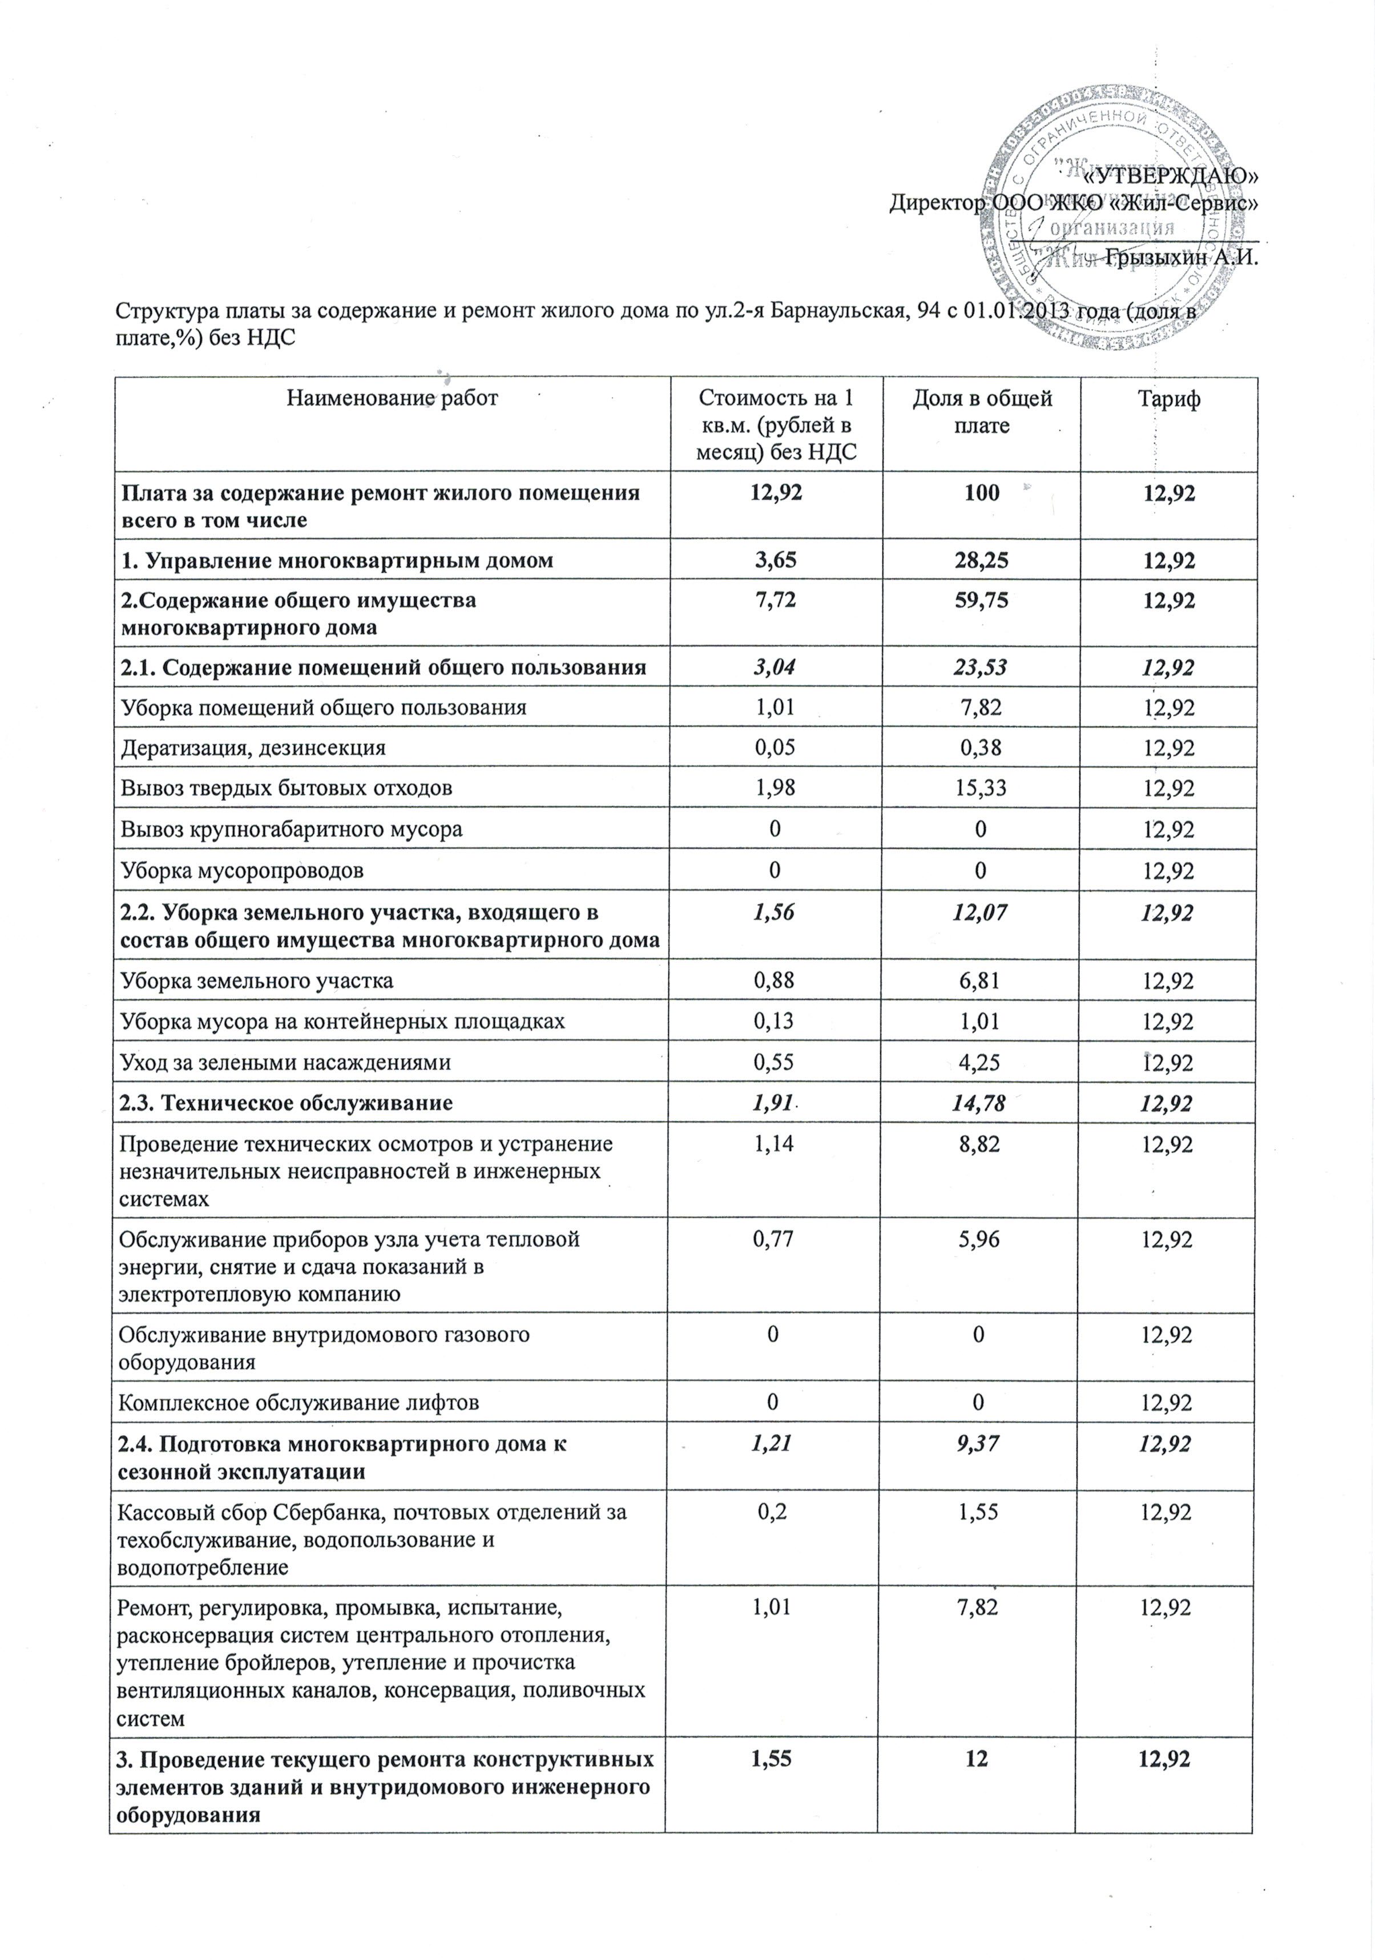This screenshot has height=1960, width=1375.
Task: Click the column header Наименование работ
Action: pyautogui.click(x=392, y=398)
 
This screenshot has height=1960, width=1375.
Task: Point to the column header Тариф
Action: pyautogui.click(x=1169, y=398)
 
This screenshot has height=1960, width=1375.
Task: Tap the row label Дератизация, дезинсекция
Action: pyautogui.click(x=253, y=748)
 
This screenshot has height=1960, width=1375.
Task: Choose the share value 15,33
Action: pyautogui.click(x=982, y=788)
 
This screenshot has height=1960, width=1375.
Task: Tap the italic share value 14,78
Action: pyautogui.click(x=982, y=1103)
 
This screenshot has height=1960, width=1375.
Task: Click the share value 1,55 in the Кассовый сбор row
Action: pyautogui.click(x=982, y=1512)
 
